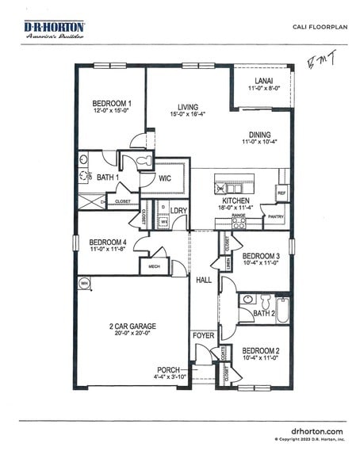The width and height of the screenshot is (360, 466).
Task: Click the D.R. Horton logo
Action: (56, 30)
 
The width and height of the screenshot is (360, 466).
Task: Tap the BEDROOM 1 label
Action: (112, 104)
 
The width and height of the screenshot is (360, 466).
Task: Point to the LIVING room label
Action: (188, 107)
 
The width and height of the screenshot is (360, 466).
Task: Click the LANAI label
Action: (264, 81)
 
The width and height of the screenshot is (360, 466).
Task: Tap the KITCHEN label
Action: (235, 202)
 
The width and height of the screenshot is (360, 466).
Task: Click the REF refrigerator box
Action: (281, 193)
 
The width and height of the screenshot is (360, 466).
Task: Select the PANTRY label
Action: (275, 216)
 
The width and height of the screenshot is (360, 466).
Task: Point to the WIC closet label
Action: (165, 178)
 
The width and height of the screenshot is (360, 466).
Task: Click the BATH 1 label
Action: (108, 178)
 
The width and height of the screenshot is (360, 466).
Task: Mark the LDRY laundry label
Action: (179, 211)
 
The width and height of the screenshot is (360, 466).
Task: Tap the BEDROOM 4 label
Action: (108, 243)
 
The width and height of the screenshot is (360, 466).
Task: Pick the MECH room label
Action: (154, 266)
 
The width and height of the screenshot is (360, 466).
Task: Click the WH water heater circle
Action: (84, 283)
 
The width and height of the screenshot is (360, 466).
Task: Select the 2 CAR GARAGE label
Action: (132, 326)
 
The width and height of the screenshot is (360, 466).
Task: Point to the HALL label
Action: (203, 279)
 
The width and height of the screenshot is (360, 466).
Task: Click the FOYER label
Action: (203, 336)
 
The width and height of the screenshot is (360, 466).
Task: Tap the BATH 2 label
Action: (263, 314)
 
